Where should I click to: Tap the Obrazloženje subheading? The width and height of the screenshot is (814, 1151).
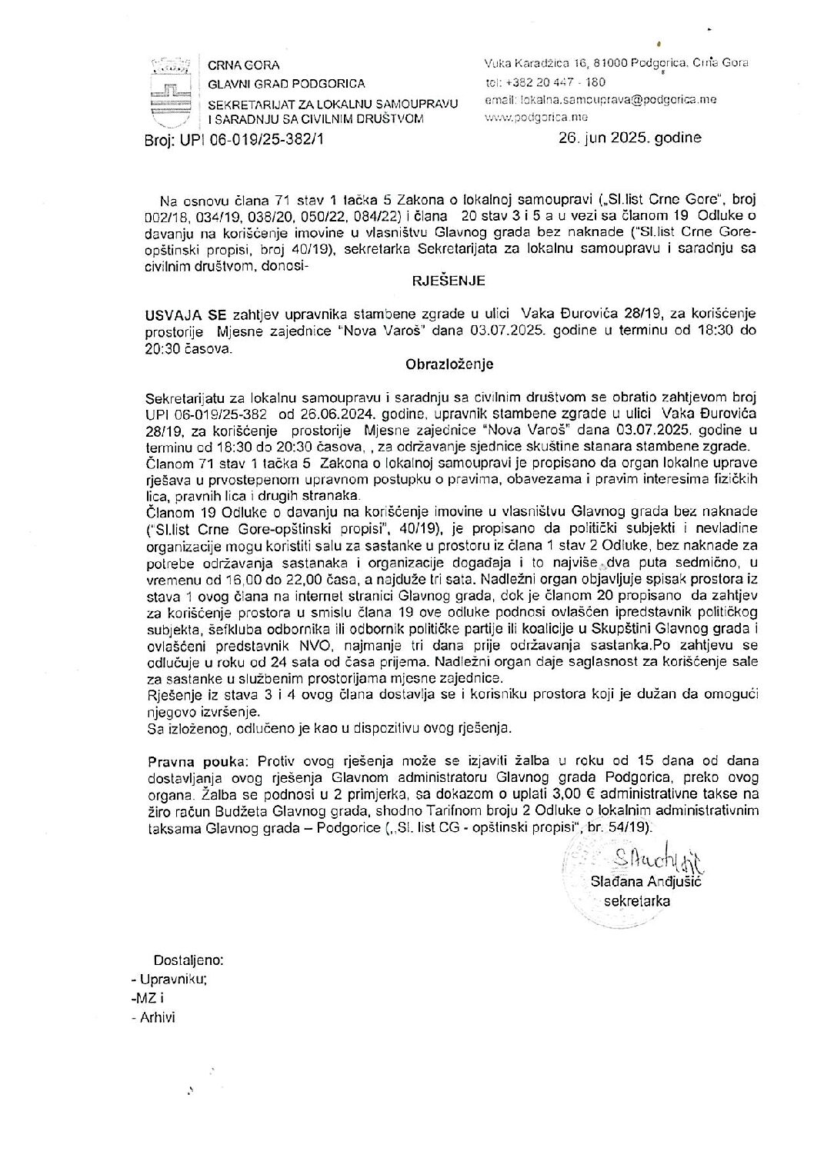449,364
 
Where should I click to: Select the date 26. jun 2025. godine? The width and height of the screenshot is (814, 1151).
630,138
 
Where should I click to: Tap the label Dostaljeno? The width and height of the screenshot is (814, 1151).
188,961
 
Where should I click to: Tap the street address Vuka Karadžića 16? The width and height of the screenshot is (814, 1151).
531,64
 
